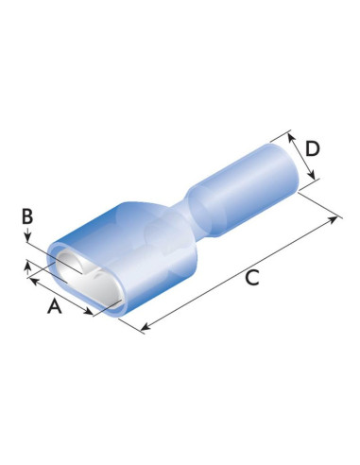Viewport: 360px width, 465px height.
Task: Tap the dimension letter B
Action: [x=28, y=217]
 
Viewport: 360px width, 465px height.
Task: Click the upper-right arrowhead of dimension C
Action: [x=336, y=219]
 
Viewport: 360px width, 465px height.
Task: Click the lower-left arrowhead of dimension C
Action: [x=145, y=329]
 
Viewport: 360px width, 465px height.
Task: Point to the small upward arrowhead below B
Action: [x=26, y=268]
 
